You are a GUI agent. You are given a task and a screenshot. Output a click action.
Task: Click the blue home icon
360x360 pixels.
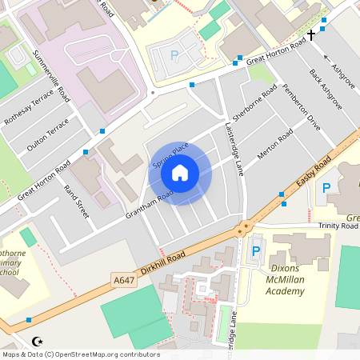(180, 171)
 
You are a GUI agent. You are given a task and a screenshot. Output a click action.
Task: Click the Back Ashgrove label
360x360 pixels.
(326, 88)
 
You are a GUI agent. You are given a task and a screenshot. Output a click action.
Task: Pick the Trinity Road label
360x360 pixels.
(338, 226)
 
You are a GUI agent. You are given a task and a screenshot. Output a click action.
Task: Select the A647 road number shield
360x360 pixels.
(123, 279)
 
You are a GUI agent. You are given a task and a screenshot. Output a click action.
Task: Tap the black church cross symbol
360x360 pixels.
(311, 36)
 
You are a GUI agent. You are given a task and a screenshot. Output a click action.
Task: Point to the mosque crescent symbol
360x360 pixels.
(35, 342)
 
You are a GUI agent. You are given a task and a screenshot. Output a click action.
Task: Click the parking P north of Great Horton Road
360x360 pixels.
(174, 56)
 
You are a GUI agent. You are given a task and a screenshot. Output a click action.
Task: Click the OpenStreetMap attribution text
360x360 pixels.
(79, 354)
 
